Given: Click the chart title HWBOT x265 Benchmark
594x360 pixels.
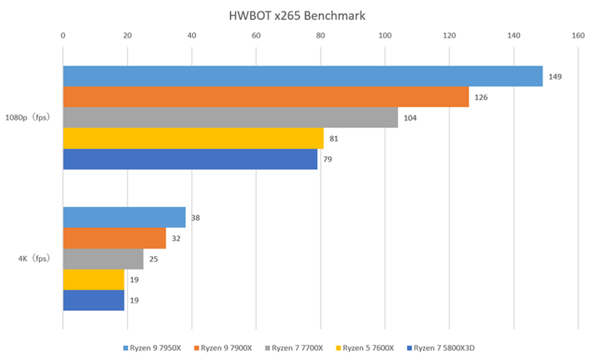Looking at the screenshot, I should [297, 16].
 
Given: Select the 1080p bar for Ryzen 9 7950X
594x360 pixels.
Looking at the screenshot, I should [302, 76].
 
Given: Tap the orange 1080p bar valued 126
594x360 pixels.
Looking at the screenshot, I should [266, 97].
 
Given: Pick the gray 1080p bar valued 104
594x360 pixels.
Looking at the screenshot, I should [230, 118].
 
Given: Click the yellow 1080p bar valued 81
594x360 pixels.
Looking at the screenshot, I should [193, 138].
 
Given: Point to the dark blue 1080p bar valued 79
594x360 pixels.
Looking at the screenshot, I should [189, 159].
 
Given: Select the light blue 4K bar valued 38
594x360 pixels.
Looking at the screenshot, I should [124, 218].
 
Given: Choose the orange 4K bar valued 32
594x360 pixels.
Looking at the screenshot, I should [114, 239].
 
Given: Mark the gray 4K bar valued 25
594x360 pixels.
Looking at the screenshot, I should [103, 259].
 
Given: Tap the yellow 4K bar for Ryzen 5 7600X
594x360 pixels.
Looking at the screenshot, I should [93, 280].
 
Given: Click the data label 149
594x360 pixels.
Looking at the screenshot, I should [555, 76].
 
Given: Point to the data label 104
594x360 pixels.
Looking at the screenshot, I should [410, 118].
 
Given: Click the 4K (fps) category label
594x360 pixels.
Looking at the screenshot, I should [34, 259].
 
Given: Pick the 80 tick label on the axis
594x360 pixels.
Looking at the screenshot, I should [321, 36].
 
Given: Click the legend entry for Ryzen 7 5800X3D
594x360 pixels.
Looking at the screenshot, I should [444, 348].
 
